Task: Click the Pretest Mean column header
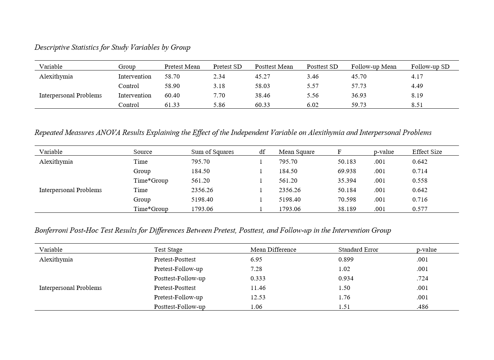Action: pyautogui.click(x=182, y=67)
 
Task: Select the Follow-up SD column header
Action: pyautogui.click(x=430, y=67)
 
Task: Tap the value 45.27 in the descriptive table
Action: pyautogui.click(x=262, y=76)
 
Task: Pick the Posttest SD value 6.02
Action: pyautogui.click(x=313, y=105)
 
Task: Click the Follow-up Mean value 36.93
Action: pyautogui.click(x=359, y=95)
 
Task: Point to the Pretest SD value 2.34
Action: pyautogui.click(x=219, y=76)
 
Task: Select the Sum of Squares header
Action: pyautogui.click(x=212, y=152)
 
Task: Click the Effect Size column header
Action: pyautogui.click(x=427, y=152)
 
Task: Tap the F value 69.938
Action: pyautogui.click(x=347, y=171)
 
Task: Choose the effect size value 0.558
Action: pyautogui.click(x=420, y=181)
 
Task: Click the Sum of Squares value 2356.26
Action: pyautogui.click(x=202, y=190)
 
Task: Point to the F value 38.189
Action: pyautogui.click(x=347, y=209)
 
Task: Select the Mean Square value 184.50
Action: pyautogui.click(x=288, y=171)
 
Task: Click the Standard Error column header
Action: pyautogui.click(x=358, y=250)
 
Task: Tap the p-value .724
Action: pyautogui.click(x=422, y=278)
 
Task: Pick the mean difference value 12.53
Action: pyautogui.click(x=258, y=297)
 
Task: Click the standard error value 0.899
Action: pyautogui.click(x=346, y=259)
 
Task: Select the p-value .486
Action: pyautogui.click(x=422, y=307)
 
